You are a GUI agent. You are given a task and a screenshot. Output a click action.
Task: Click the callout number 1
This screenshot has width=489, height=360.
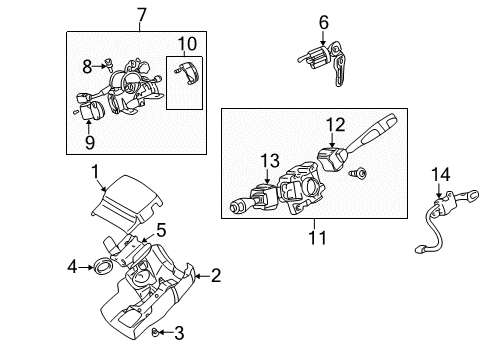coord(95,172)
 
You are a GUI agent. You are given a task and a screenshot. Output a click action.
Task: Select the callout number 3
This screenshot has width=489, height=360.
coord(179,333)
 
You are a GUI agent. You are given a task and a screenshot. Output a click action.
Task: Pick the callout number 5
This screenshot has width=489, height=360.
coord(159,230)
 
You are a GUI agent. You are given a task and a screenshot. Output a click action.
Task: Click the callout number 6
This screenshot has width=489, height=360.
coord(323,20)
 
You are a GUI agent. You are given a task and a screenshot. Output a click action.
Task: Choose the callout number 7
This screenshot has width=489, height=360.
coord(140,14)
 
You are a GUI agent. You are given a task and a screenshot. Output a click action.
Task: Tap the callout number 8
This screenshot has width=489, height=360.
coord(87,66)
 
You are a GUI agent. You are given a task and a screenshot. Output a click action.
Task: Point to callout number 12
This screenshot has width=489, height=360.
coord(336,124)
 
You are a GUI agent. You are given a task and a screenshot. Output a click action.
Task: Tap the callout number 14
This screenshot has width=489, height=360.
coord(441,174)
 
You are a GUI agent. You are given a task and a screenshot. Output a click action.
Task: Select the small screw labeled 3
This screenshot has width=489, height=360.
coord(160,334)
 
